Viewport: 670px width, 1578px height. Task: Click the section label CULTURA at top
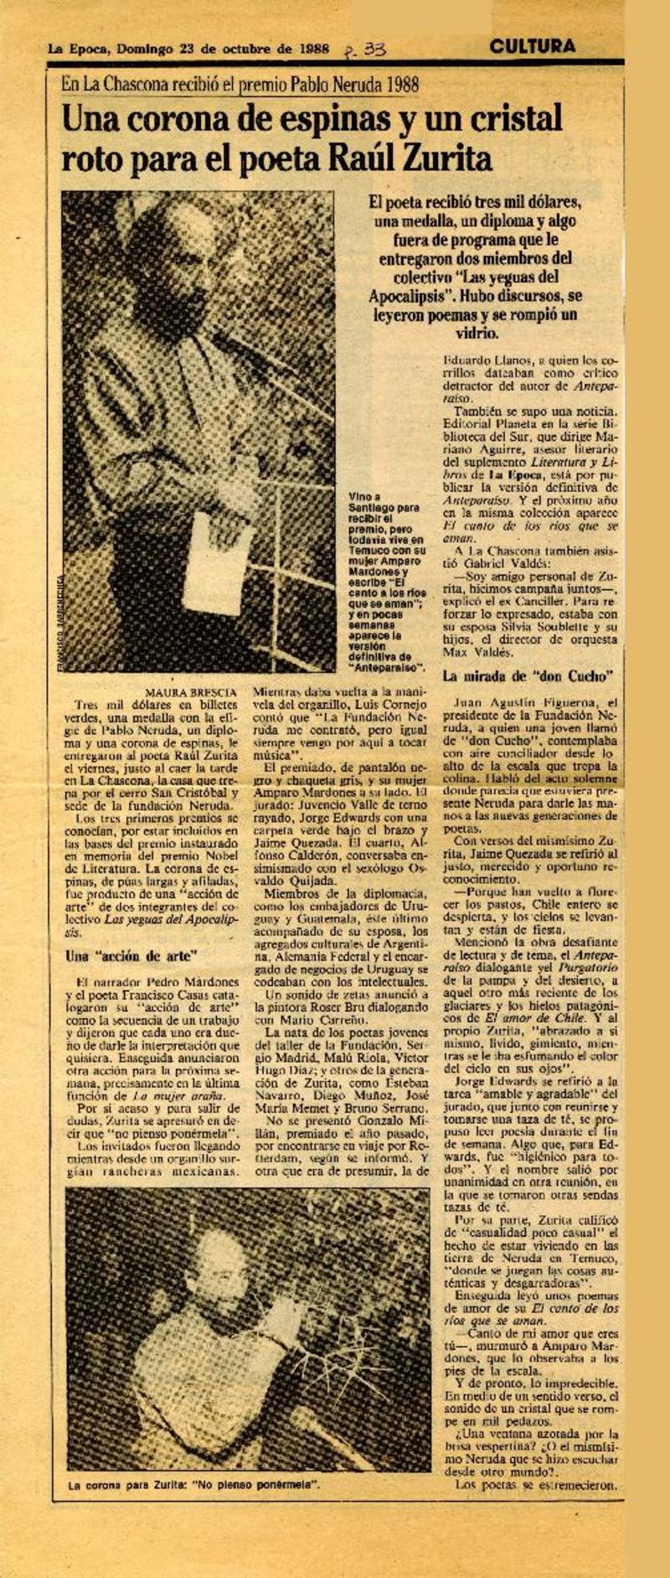[x=533, y=46]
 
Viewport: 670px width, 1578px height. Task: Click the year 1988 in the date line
[x=317, y=49]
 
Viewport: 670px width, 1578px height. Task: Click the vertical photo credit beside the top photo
[x=61, y=614]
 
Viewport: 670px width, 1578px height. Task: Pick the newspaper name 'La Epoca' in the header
[x=79, y=49]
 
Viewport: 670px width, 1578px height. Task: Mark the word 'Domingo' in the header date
[x=144, y=49]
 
